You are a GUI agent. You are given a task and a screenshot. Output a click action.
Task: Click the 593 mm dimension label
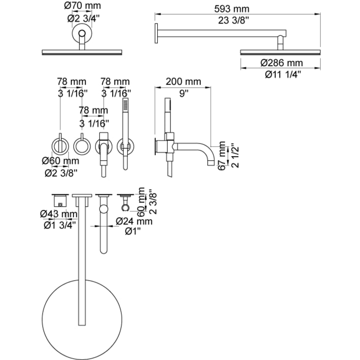pyautogui.click(x=231, y=9)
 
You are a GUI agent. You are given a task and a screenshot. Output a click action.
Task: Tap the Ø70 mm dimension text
pyautogui.click(x=82, y=5)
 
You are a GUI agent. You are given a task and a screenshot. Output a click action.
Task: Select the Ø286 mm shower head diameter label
pyautogui.click(x=282, y=63)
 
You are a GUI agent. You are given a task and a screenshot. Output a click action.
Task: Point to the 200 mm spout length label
pyautogui.click(x=183, y=81)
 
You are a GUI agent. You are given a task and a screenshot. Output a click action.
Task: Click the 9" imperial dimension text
pyautogui.click(x=184, y=94)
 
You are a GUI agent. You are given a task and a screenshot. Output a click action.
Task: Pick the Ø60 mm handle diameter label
pyautogui.click(x=60, y=161)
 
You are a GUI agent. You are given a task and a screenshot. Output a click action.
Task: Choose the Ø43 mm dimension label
pyautogui.click(x=59, y=214)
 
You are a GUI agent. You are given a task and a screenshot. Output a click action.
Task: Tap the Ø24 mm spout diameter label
pyautogui.click(x=134, y=221)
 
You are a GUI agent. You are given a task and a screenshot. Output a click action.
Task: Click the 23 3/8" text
pyautogui.click(x=234, y=21)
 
